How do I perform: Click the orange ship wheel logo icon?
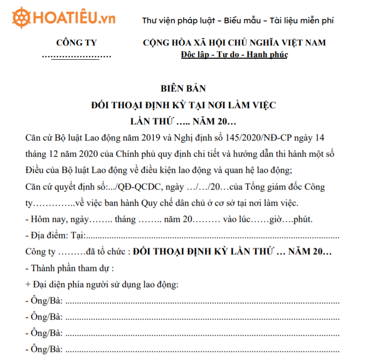click(20, 19)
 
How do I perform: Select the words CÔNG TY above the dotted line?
click(76, 43)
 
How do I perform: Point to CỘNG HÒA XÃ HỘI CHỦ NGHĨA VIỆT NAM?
click(234, 43)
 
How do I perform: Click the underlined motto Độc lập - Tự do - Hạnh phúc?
click(234, 55)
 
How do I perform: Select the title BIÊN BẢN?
click(183, 88)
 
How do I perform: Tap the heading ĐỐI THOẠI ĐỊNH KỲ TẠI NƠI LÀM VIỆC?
click(183, 105)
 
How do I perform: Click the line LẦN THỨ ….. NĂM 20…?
click(183, 122)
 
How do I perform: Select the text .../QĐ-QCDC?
click(128, 187)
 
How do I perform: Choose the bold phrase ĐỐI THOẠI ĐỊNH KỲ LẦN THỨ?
click(201, 252)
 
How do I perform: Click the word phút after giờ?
click(301, 220)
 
